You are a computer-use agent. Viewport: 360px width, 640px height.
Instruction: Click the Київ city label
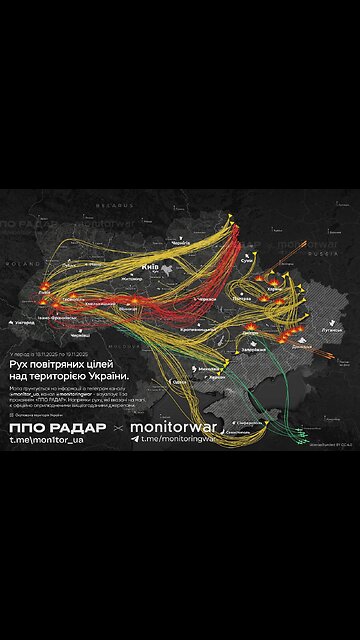click(x=153, y=267)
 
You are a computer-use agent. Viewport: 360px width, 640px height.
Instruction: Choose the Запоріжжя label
click(x=254, y=350)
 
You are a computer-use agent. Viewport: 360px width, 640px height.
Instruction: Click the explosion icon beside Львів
click(x=47, y=295)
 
